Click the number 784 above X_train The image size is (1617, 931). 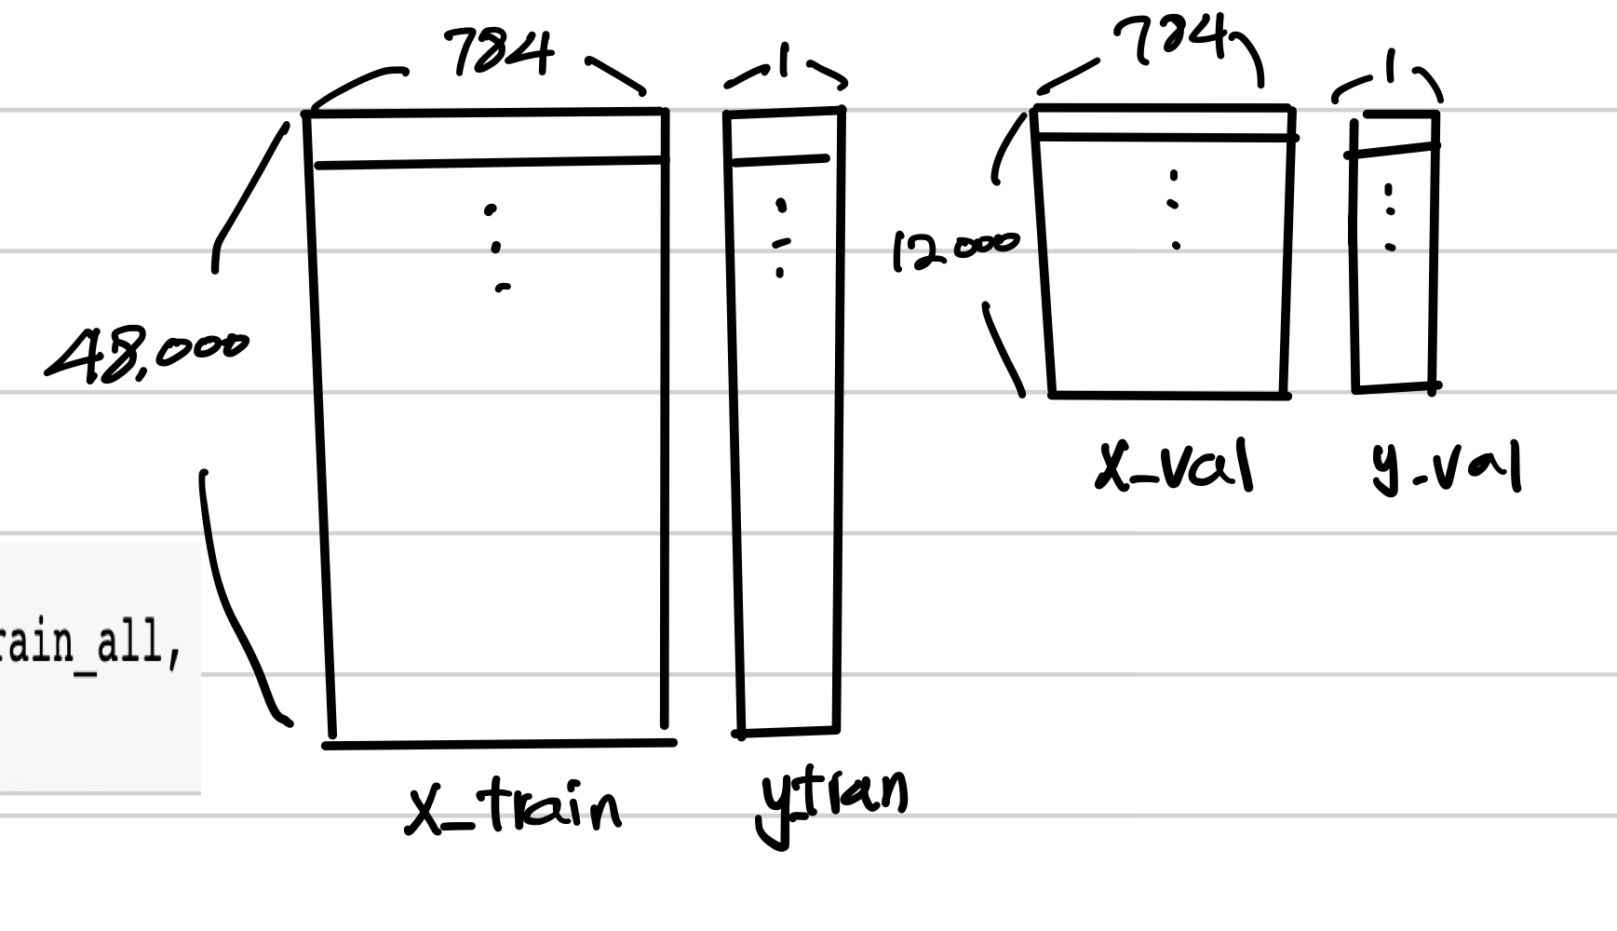(500, 51)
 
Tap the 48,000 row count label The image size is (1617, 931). (147, 355)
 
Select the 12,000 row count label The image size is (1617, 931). (955, 249)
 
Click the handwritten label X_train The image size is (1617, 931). (514, 808)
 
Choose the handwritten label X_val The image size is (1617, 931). (1175, 465)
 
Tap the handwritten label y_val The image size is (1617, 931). (1446, 468)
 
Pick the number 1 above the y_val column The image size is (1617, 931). (1391, 67)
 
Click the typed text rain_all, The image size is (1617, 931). (88, 643)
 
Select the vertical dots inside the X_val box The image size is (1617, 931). (1174, 209)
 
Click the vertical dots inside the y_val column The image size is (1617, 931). (1390, 217)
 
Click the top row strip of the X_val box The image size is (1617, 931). (1164, 123)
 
